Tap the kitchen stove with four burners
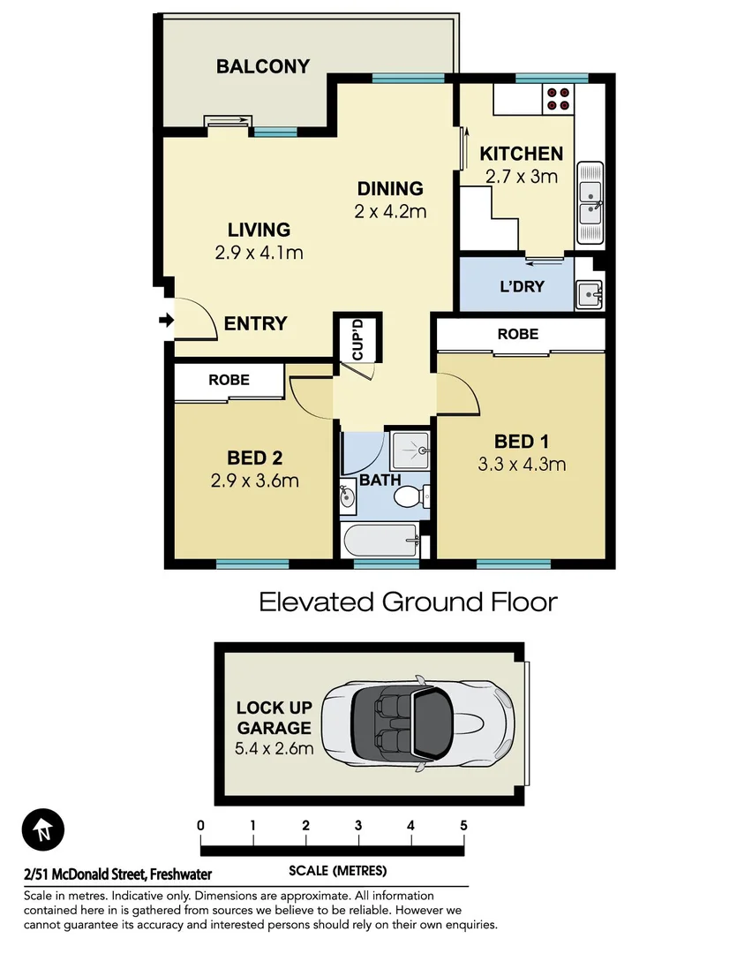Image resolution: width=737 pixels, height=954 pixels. [557, 97]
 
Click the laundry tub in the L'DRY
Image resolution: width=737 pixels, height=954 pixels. [588, 293]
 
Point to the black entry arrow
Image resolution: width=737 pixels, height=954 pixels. [165, 320]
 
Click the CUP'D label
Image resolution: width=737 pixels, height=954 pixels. [357, 337]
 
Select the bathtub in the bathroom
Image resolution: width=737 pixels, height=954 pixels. [380, 538]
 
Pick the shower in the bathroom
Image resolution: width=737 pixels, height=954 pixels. [410, 450]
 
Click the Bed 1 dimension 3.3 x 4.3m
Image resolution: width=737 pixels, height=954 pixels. [521, 464]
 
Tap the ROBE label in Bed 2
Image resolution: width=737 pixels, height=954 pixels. [229, 380]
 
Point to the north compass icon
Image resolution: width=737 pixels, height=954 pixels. [42, 830]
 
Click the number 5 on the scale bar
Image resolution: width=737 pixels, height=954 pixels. [463, 826]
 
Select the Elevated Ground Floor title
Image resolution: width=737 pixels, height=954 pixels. [408, 602]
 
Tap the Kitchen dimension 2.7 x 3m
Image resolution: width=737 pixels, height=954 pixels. [521, 176]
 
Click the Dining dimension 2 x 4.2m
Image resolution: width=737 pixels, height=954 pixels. [390, 211]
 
